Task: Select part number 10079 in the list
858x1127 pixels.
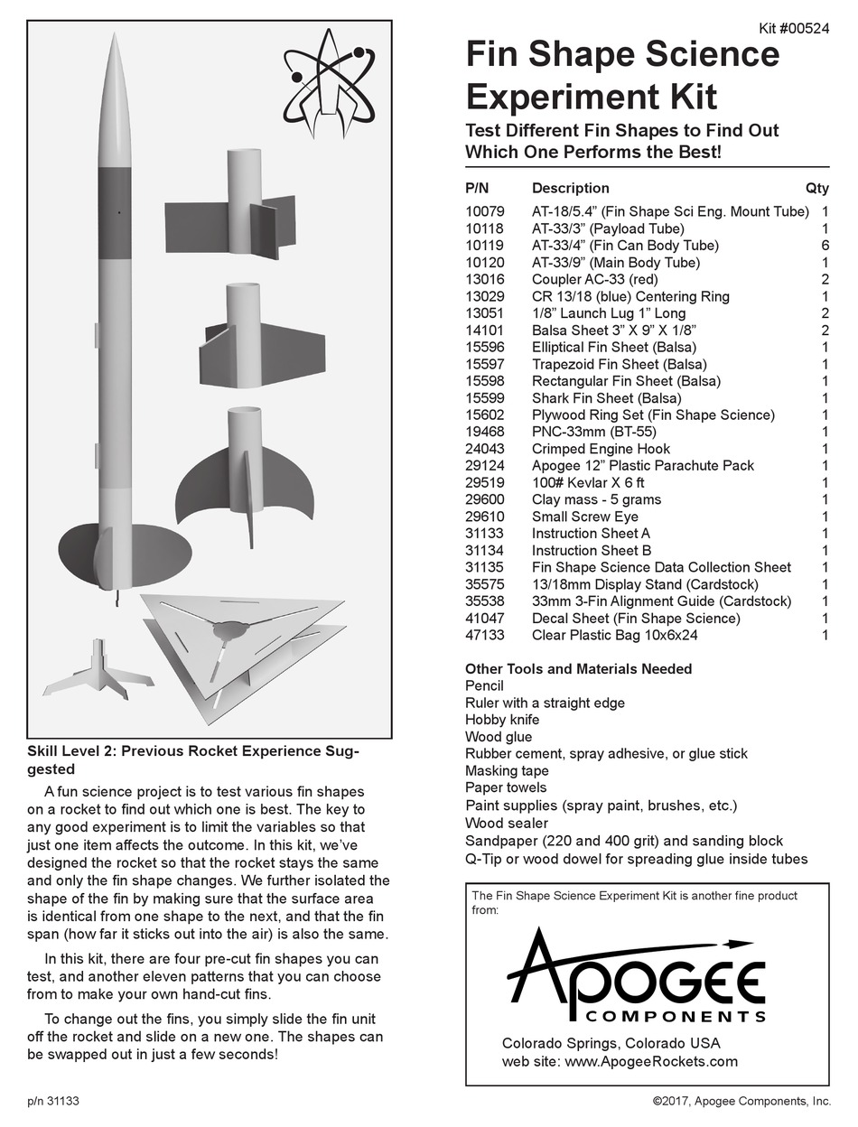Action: click(485, 211)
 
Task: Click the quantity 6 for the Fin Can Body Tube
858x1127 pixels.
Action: click(825, 246)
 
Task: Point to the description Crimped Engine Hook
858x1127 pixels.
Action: click(601, 449)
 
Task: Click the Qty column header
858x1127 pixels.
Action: click(816, 189)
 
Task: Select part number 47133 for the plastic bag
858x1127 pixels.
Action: click(485, 635)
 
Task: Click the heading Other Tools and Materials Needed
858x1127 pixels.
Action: click(578, 669)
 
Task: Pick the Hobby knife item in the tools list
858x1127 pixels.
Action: click(502, 720)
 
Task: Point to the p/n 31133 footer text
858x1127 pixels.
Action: click(53, 1101)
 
